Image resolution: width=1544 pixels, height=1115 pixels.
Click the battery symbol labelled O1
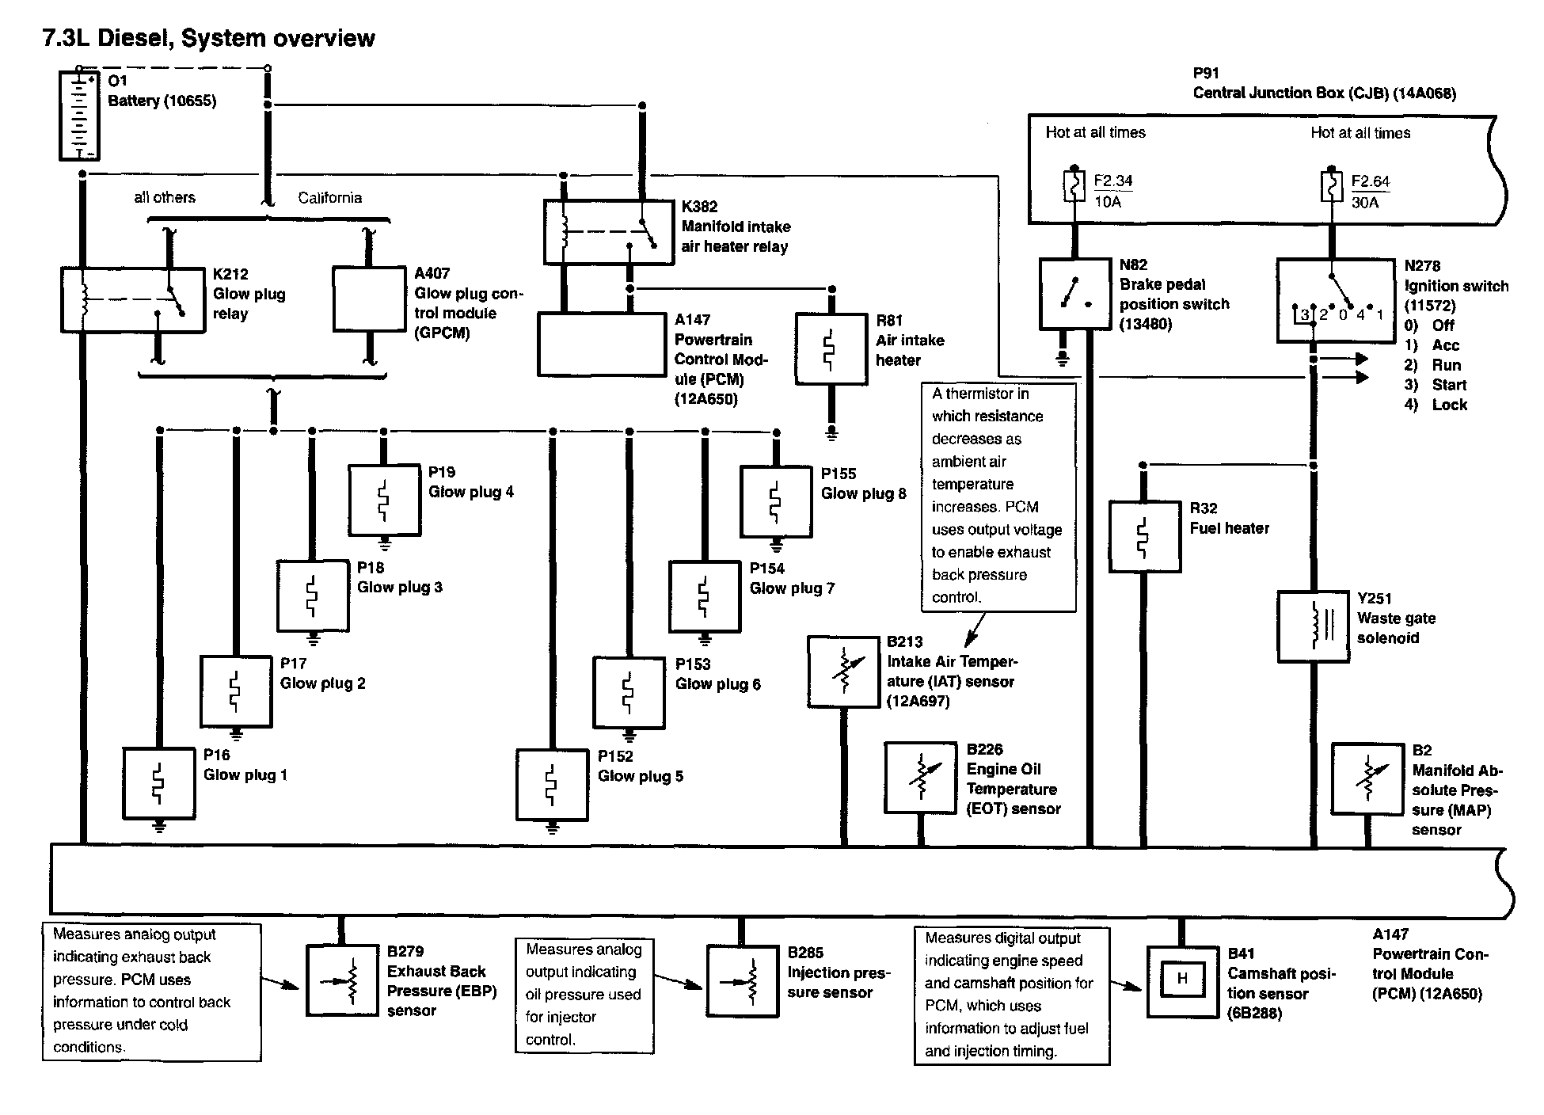coord(80,116)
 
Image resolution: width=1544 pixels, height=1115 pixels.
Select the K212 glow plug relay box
coord(133,299)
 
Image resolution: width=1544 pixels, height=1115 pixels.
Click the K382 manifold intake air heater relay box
coord(609,232)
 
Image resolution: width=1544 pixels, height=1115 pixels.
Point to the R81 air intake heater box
coord(831,349)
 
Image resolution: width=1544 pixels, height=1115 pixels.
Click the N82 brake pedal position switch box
coord(1074,293)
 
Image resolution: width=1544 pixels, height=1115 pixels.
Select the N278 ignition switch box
coord(1336,300)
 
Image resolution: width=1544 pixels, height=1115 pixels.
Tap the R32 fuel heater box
coord(1144,536)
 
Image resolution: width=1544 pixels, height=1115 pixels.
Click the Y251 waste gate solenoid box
coord(1313,626)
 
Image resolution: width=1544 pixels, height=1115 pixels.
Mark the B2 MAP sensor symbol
coord(1367,779)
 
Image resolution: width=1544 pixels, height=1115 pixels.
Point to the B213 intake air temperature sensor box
coord(843,672)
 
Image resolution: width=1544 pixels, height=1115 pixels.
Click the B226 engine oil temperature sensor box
coord(920,778)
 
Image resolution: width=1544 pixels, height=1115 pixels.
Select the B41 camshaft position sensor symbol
coord(1182,982)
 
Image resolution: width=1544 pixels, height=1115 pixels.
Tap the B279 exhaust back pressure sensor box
coord(342,980)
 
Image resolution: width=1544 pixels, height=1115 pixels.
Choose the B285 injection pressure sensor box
coord(742,980)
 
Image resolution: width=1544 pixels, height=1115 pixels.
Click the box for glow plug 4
coord(384,500)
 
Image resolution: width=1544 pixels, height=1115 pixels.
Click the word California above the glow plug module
coord(329,198)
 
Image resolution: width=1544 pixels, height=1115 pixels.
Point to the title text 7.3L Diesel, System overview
coord(208,38)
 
